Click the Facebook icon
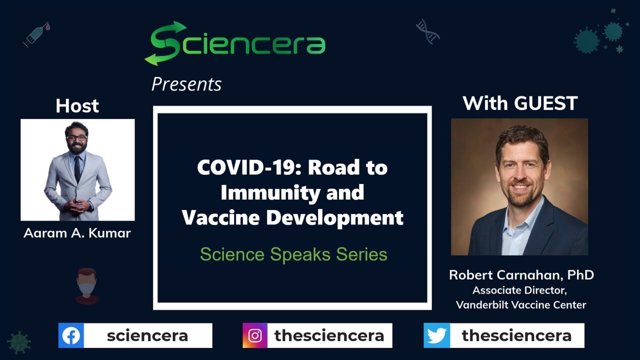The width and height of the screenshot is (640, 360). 71,335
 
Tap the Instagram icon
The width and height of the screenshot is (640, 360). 255,335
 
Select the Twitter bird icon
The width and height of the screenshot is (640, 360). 436,335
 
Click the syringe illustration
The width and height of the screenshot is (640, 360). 36,34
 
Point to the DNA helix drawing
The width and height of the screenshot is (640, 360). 427,31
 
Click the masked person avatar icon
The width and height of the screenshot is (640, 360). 87,285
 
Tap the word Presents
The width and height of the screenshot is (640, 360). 186,84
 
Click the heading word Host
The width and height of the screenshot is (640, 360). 77,106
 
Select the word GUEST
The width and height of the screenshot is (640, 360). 545,103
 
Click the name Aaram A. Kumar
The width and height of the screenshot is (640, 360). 77,233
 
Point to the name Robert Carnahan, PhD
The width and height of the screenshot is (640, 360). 521,275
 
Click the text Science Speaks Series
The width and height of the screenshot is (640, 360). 293,254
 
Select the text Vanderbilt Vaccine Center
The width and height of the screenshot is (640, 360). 521,305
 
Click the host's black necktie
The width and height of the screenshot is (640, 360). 77,169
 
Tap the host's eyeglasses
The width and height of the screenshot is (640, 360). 76,138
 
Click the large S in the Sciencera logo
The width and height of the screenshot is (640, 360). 165,43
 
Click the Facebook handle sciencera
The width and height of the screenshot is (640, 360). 147,335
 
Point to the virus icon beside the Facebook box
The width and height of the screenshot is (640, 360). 19,342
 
